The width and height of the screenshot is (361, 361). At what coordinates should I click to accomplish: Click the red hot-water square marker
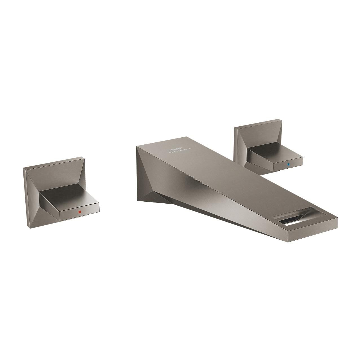(80, 212)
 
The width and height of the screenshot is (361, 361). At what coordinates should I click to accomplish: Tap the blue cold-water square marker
(288, 164)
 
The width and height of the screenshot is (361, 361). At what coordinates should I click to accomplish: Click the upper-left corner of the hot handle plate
(24, 168)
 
